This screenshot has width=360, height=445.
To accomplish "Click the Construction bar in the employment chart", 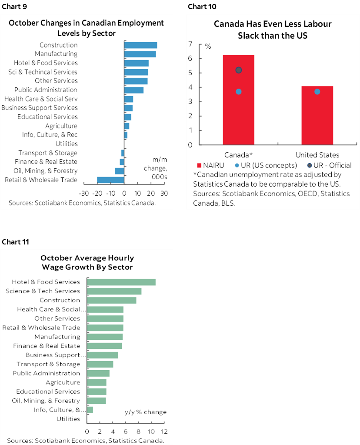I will (x=140, y=45).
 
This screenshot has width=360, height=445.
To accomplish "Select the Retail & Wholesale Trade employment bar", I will (x=110, y=180).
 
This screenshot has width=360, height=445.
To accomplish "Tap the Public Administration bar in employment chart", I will (x=133, y=90).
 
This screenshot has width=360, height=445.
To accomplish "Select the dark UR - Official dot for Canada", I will (x=238, y=70).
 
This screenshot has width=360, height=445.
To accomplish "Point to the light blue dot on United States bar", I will (x=317, y=91).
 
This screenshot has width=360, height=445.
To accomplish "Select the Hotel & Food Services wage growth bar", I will (x=121, y=282).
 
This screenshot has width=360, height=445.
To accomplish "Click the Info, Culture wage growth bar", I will (x=90, y=410).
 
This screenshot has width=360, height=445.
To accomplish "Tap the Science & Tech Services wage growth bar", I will (x=114, y=291).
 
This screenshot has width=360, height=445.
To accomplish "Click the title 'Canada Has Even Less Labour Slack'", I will (x=273, y=29).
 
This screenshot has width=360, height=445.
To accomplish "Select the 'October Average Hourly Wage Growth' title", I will (x=87, y=262).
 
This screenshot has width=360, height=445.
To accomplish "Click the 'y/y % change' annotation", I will (x=145, y=412).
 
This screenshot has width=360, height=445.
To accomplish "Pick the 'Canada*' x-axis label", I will (x=239, y=155).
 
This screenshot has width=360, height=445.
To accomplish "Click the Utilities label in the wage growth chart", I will (x=68, y=419).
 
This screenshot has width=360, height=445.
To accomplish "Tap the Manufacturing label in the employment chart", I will (x=56, y=54).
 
